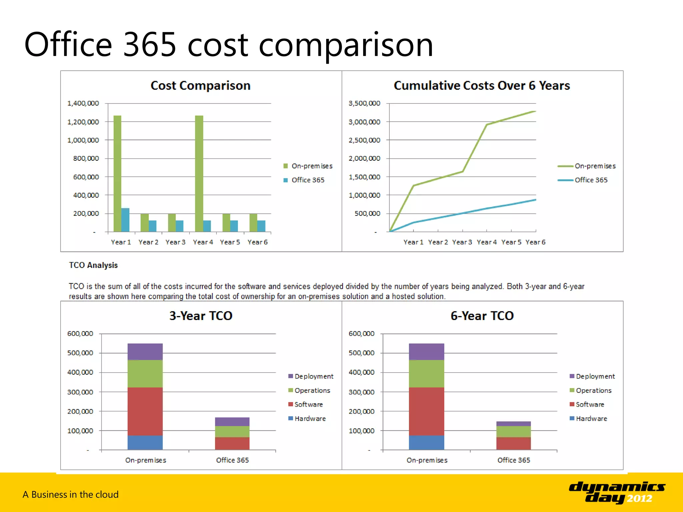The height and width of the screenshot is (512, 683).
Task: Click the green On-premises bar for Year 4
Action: [x=199, y=173]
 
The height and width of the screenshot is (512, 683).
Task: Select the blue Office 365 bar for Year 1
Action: [x=125, y=220]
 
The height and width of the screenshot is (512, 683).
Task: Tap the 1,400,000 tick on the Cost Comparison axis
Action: [x=83, y=103]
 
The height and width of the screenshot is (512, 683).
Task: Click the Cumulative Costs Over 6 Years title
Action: [x=482, y=86]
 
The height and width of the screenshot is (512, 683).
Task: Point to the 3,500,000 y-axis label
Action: [x=364, y=103]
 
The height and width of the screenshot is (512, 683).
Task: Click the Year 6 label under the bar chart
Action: [x=257, y=242]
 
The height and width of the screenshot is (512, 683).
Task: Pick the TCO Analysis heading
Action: [x=93, y=265]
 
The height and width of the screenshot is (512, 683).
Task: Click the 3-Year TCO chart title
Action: [x=201, y=316]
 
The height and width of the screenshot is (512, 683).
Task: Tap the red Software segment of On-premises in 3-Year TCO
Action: [x=145, y=411]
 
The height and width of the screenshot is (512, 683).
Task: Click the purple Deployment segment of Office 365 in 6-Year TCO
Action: [x=513, y=424]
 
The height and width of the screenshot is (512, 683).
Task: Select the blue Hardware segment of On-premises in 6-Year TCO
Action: [x=426, y=443]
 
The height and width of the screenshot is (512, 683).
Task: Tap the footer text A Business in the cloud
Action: [x=71, y=494]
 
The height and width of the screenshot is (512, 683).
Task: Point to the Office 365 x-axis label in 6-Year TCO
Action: [x=513, y=460]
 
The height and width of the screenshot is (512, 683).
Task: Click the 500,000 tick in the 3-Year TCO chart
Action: [x=80, y=353]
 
